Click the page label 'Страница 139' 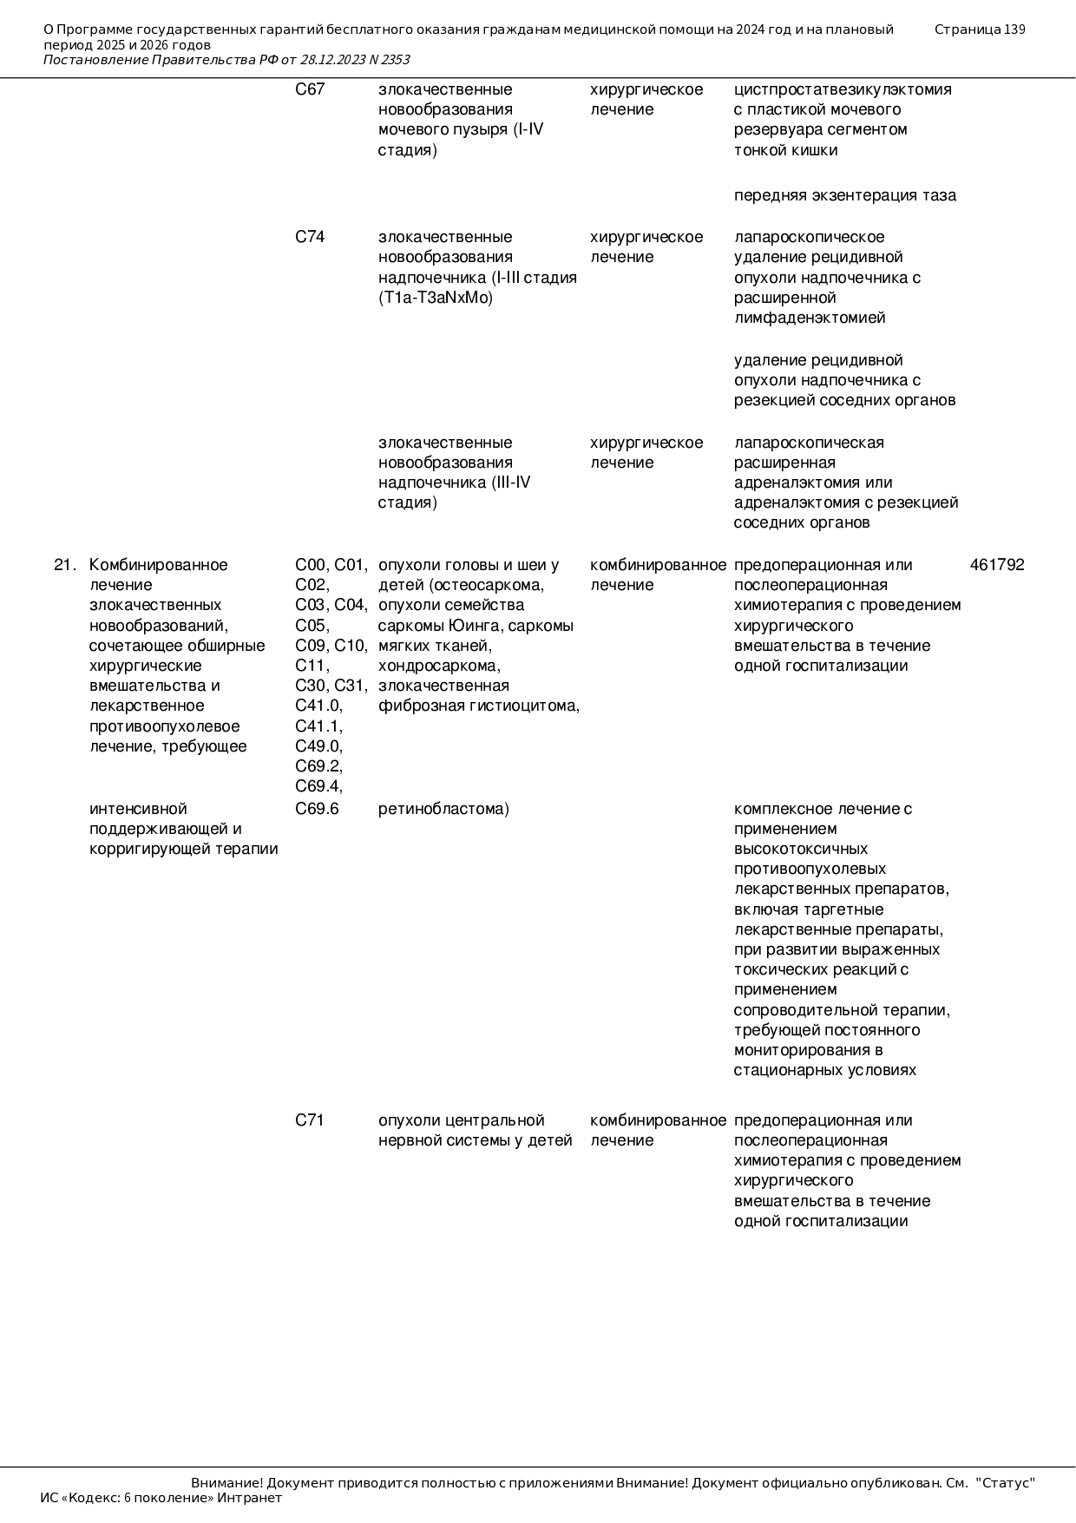tap(980, 30)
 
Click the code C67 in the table tap(310, 89)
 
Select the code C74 tap(310, 237)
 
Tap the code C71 tap(310, 1120)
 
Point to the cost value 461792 tap(997, 565)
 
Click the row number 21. tap(65, 565)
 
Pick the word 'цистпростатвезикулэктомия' tap(843, 89)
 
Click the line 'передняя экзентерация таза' tap(845, 195)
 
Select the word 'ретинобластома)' tap(443, 809)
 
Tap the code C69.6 tap(317, 809)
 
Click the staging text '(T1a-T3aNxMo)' tap(436, 298)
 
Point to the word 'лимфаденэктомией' tap(810, 318)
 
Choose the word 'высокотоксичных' tap(801, 849)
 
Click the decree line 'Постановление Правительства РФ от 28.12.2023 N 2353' tap(226, 60)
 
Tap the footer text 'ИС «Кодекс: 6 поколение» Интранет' tap(161, 1498)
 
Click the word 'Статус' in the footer tap(1006, 1483)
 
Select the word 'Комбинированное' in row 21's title tap(159, 565)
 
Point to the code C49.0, tap(319, 746)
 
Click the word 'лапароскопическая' tap(809, 443)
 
